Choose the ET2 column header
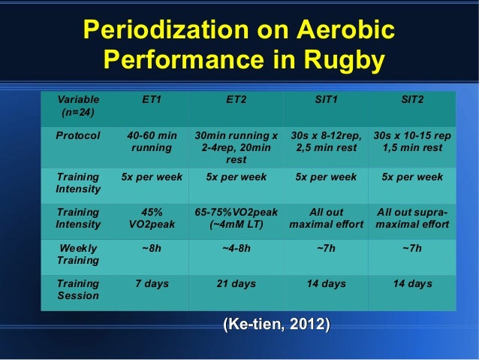click(x=236, y=99)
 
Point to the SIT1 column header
click(x=326, y=99)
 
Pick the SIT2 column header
click(x=412, y=99)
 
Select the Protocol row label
click(x=78, y=136)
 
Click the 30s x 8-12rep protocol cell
click(x=326, y=142)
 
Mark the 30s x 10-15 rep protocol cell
click(x=412, y=142)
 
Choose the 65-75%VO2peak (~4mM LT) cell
click(x=236, y=218)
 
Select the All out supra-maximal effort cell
click(x=412, y=218)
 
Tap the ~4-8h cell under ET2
click(x=236, y=248)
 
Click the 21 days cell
click(x=236, y=283)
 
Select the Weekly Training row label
click(x=78, y=254)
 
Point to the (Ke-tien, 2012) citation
click(x=276, y=324)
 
